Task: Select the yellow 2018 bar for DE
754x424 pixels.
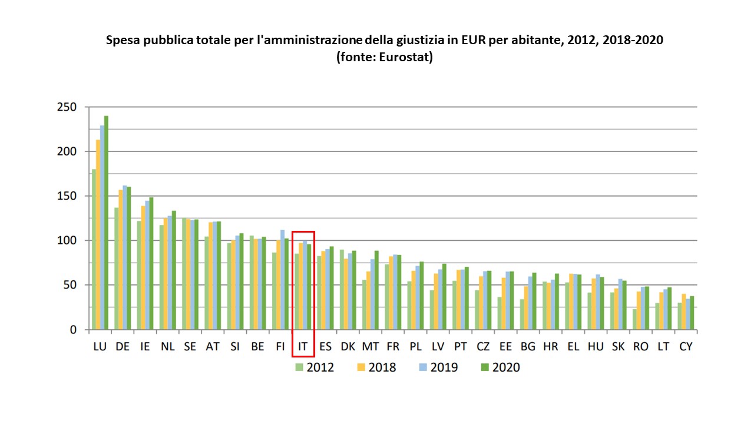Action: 121,259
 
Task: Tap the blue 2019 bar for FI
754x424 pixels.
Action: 282,280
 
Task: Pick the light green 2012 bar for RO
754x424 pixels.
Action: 635,319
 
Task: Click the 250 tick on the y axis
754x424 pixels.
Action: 67,107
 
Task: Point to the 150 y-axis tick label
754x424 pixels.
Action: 67,196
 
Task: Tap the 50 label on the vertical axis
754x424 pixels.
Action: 70,285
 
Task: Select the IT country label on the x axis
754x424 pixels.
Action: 303,347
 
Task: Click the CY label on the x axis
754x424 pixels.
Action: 686,347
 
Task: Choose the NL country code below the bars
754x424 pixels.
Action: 167,347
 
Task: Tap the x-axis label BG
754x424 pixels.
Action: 528,347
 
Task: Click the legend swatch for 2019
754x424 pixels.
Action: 423,367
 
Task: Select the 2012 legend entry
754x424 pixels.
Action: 314,367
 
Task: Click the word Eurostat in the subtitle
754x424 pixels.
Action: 406,58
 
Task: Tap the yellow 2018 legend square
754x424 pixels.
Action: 361,367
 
